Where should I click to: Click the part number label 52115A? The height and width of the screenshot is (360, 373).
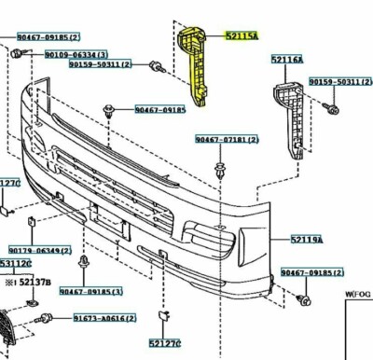[241, 36]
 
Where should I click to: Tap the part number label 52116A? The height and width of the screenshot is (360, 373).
[287, 60]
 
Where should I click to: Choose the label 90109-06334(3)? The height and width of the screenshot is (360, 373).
[76, 54]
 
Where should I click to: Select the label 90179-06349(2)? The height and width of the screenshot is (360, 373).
[40, 250]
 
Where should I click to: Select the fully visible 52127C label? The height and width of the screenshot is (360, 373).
[169, 342]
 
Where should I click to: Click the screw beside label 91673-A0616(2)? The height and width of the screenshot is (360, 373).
[42, 321]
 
